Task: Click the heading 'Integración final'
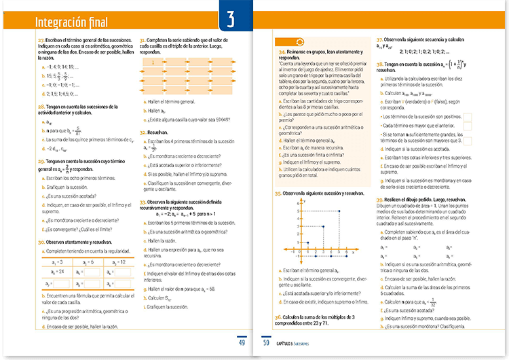click(x=71, y=23)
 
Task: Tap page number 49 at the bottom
click(x=241, y=342)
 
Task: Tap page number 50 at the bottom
click(x=266, y=342)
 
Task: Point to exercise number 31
click(x=142, y=41)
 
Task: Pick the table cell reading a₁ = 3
click(x=58, y=262)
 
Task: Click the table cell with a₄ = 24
click(x=58, y=271)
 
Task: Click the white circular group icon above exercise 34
click(x=300, y=42)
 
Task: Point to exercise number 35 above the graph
click(x=278, y=194)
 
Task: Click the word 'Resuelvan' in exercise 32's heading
click(x=159, y=133)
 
